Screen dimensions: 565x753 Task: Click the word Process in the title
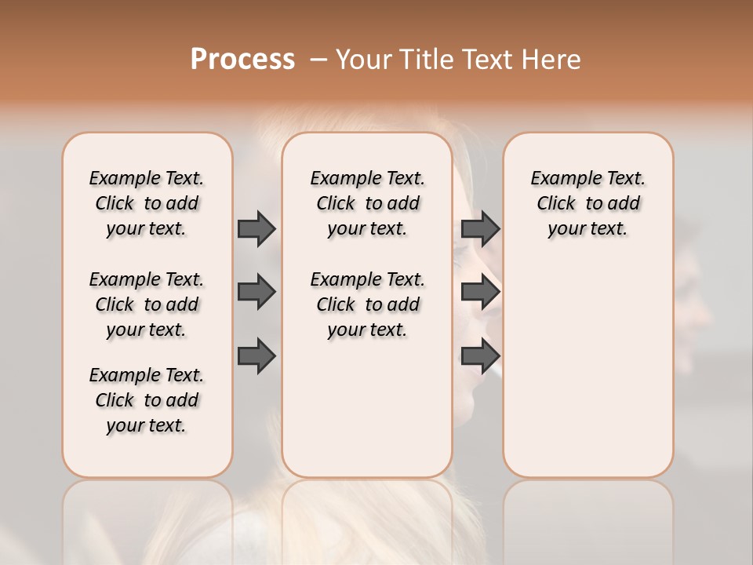point(242,60)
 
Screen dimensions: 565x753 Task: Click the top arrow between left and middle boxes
point(256,228)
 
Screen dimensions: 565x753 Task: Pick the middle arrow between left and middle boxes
point(256,292)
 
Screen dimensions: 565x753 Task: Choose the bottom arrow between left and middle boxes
point(256,355)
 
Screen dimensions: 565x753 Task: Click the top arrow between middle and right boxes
point(480,228)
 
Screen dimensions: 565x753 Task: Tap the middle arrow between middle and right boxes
point(480,292)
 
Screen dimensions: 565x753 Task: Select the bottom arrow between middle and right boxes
point(480,355)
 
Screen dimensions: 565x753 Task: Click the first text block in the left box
point(147,203)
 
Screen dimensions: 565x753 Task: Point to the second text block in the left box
point(147,304)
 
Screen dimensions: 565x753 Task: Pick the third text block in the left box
point(147,400)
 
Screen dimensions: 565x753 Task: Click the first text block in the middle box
point(368,203)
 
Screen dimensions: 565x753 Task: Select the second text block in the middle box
point(368,304)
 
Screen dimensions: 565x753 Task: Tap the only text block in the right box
point(588,203)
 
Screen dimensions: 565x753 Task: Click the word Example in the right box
point(560,179)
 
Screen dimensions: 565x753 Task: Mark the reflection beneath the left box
point(147,518)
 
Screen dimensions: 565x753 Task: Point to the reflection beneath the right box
point(588,518)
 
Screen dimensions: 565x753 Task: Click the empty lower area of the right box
point(588,369)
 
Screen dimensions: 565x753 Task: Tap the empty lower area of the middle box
point(367,408)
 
